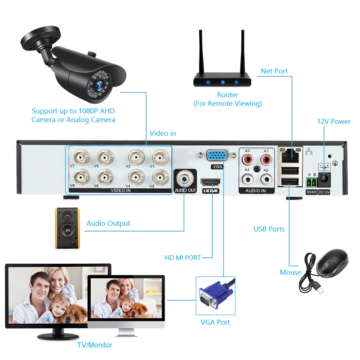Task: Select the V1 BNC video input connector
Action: pos(158,157)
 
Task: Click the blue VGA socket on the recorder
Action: pos(217,156)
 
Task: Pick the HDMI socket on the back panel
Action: pos(211,181)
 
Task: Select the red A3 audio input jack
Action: pos(247,158)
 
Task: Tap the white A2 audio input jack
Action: pos(266,178)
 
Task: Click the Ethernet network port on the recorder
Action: pos(290,154)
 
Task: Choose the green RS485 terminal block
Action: pos(311,182)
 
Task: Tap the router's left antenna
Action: pos(201,52)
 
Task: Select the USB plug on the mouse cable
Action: pos(318,288)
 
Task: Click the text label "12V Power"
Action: pos(334,121)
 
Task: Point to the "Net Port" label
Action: pos(274,71)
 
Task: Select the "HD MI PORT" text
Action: pos(183,257)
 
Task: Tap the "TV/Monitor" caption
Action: pos(95,345)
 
